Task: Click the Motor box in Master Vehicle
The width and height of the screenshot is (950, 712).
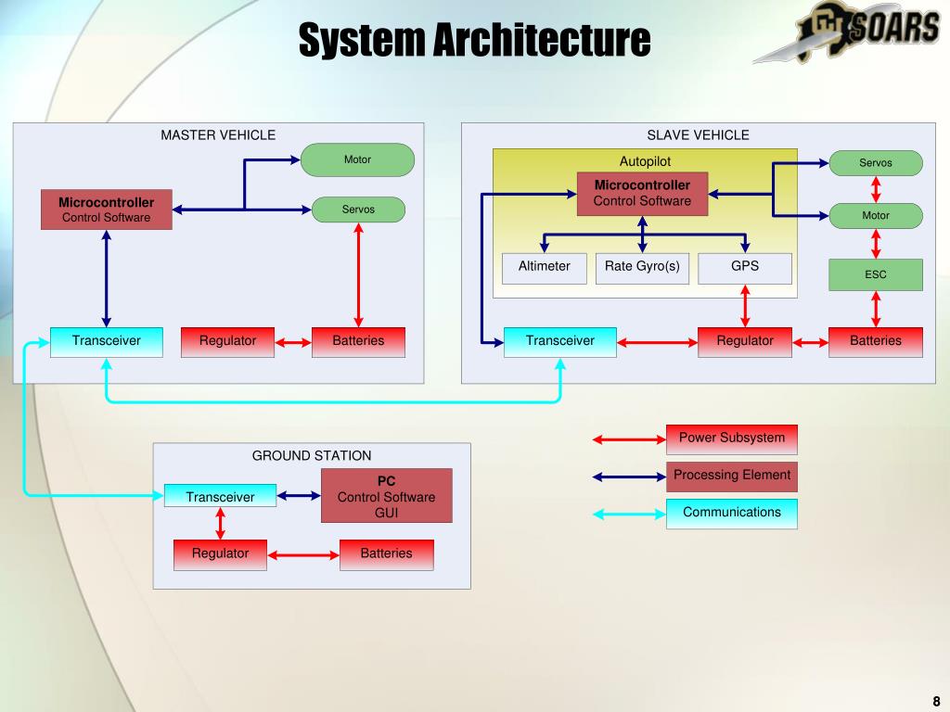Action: click(x=357, y=159)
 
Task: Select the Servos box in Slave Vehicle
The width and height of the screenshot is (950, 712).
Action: click(x=875, y=163)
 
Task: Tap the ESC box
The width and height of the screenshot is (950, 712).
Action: click(x=875, y=274)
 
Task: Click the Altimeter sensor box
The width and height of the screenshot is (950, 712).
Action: click(x=544, y=267)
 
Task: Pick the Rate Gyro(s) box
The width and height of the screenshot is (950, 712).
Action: click(x=642, y=267)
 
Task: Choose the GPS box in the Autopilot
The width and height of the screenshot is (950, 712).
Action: click(x=744, y=267)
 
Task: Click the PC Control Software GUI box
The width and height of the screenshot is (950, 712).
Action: click(x=386, y=496)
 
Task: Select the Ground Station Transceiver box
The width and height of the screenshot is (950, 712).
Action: click(x=220, y=497)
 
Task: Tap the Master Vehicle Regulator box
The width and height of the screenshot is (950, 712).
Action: click(x=227, y=341)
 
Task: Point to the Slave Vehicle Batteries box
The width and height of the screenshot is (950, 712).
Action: click(x=875, y=341)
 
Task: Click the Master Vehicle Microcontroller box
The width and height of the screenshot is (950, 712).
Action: click(x=106, y=210)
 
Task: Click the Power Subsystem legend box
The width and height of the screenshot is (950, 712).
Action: click(x=731, y=439)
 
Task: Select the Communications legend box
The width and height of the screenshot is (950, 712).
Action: click(x=731, y=513)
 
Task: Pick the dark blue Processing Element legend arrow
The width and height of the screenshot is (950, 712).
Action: click(x=629, y=477)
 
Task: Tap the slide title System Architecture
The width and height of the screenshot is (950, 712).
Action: click(x=474, y=40)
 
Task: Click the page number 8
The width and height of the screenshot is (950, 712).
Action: click(x=936, y=701)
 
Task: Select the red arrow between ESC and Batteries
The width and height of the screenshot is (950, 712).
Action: click(x=875, y=309)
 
